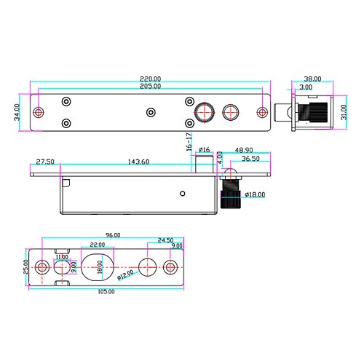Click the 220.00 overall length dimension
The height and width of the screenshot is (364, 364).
(x=150, y=79)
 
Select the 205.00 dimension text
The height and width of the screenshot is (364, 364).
(x=150, y=86)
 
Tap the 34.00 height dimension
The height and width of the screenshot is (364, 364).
(x=17, y=112)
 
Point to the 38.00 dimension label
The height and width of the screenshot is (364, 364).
(x=312, y=79)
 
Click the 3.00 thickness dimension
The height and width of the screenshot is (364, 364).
(x=306, y=87)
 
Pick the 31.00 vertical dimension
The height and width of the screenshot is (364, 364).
(x=344, y=112)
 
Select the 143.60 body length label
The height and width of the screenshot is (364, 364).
(x=138, y=162)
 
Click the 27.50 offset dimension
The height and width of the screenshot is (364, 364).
(x=45, y=162)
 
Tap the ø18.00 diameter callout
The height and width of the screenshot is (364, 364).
(x=255, y=194)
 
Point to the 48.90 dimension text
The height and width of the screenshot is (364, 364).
(x=244, y=150)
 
